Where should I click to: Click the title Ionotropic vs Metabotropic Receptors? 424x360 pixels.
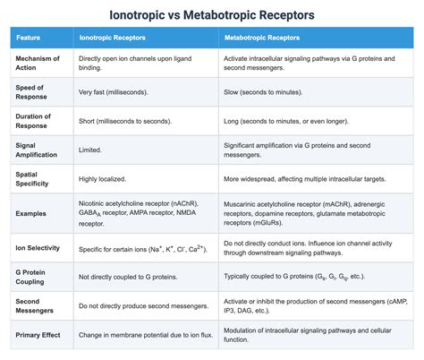click(212, 15)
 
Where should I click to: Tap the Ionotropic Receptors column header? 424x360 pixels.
click(113, 39)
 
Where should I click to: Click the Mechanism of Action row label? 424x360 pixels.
click(38, 64)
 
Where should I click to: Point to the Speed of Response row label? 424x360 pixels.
click(34, 91)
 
